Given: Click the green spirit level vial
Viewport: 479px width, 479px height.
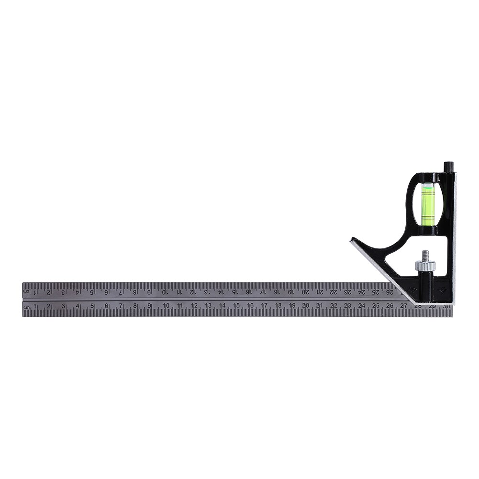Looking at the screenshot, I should coord(427,205).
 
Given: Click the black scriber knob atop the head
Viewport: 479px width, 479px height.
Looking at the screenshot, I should coord(448,167).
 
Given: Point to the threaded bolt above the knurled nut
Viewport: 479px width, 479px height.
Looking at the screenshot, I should coord(425,255).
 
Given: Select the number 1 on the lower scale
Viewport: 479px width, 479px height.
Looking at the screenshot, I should coord(35,306).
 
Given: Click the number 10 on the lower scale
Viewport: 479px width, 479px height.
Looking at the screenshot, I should coord(166,306).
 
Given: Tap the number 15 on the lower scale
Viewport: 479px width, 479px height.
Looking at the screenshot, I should coord(236,306).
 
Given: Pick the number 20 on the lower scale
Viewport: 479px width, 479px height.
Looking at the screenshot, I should coord(305,306).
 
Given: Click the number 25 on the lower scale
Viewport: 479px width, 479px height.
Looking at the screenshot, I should coord(376,306).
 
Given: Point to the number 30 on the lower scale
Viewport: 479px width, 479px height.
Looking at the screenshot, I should coord(446,306).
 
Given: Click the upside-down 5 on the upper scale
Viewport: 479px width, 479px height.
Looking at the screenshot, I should coord(91,291).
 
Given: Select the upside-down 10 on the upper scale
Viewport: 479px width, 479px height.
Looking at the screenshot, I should coord(164,291).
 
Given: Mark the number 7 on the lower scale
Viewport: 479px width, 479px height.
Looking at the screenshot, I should coord(121,306).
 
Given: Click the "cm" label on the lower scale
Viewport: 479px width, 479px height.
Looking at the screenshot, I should coord(27,307).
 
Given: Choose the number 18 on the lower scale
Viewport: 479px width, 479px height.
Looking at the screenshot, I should coord(278,306).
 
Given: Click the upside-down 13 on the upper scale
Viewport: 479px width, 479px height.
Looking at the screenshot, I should coord(206,291).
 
